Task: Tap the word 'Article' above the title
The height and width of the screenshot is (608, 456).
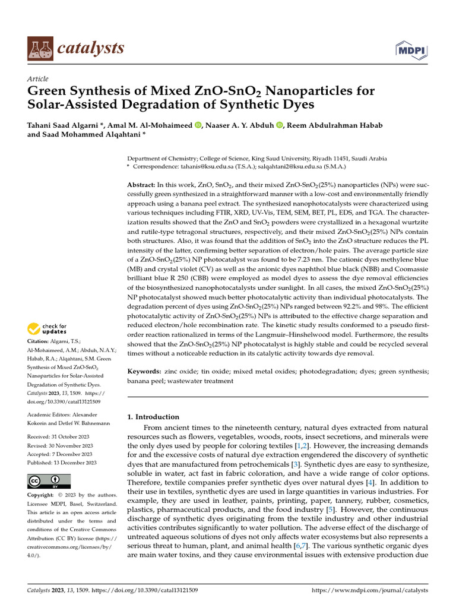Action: pos(38,79)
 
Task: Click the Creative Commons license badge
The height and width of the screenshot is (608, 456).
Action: pos(49,481)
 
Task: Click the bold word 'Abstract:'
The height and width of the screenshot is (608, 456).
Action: pos(142,185)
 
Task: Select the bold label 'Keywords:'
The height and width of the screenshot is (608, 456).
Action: pos(144,371)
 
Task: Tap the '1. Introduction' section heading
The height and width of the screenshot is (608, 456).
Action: pos(153,417)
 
